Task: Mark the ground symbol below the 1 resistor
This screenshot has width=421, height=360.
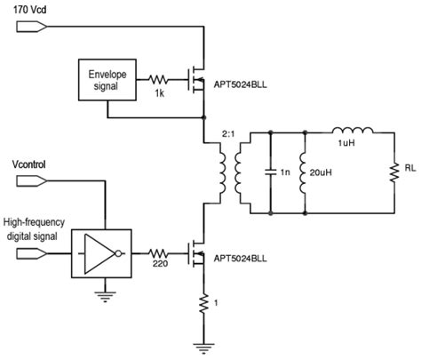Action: (204, 344)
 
